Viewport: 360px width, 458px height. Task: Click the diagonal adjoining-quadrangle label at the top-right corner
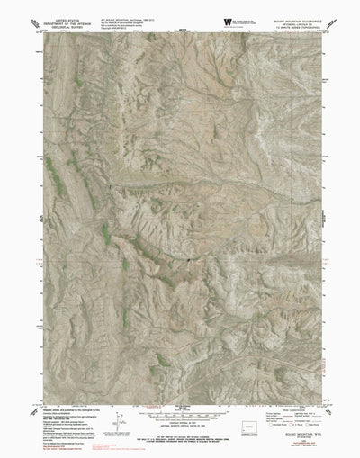click(319, 29)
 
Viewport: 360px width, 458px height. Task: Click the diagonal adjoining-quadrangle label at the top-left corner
click(40, 30)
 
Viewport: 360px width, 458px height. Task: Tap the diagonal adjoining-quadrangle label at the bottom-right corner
click(319, 411)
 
